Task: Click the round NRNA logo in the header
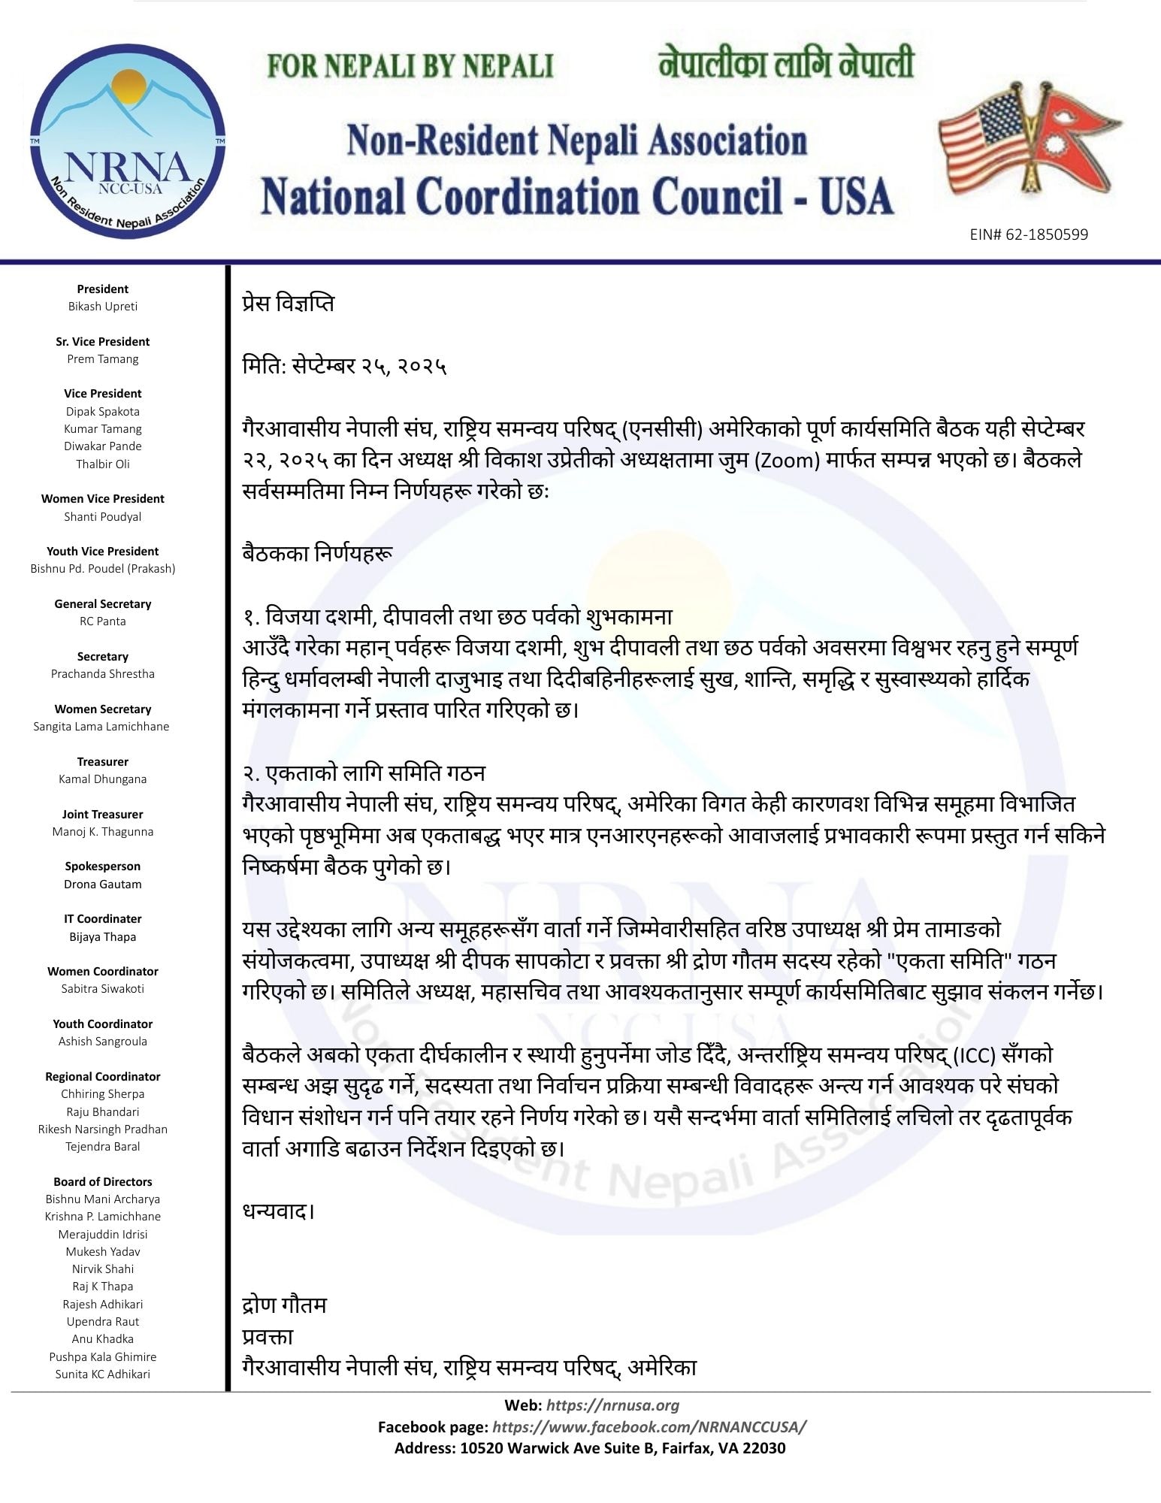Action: point(128,141)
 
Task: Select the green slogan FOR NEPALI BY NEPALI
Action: point(410,66)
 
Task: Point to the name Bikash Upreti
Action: point(103,307)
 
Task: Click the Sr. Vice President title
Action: point(103,342)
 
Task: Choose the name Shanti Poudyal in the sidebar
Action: point(103,517)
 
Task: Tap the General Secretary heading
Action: point(103,604)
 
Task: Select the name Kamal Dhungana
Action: point(103,779)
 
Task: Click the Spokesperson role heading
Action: point(103,866)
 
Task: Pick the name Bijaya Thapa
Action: point(103,937)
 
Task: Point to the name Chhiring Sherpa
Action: point(103,1094)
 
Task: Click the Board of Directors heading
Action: point(103,1182)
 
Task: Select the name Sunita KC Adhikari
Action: point(103,1374)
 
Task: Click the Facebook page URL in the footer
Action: point(650,1427)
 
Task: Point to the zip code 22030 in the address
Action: point(763,1448)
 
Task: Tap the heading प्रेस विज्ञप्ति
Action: point(289,304)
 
